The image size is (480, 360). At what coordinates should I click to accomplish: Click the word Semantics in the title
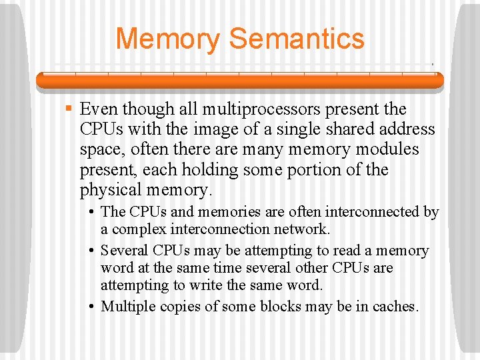coord(297,38)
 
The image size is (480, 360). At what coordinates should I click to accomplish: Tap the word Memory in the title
coord(167,38)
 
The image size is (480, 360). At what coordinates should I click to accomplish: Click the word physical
coord(109,190)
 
